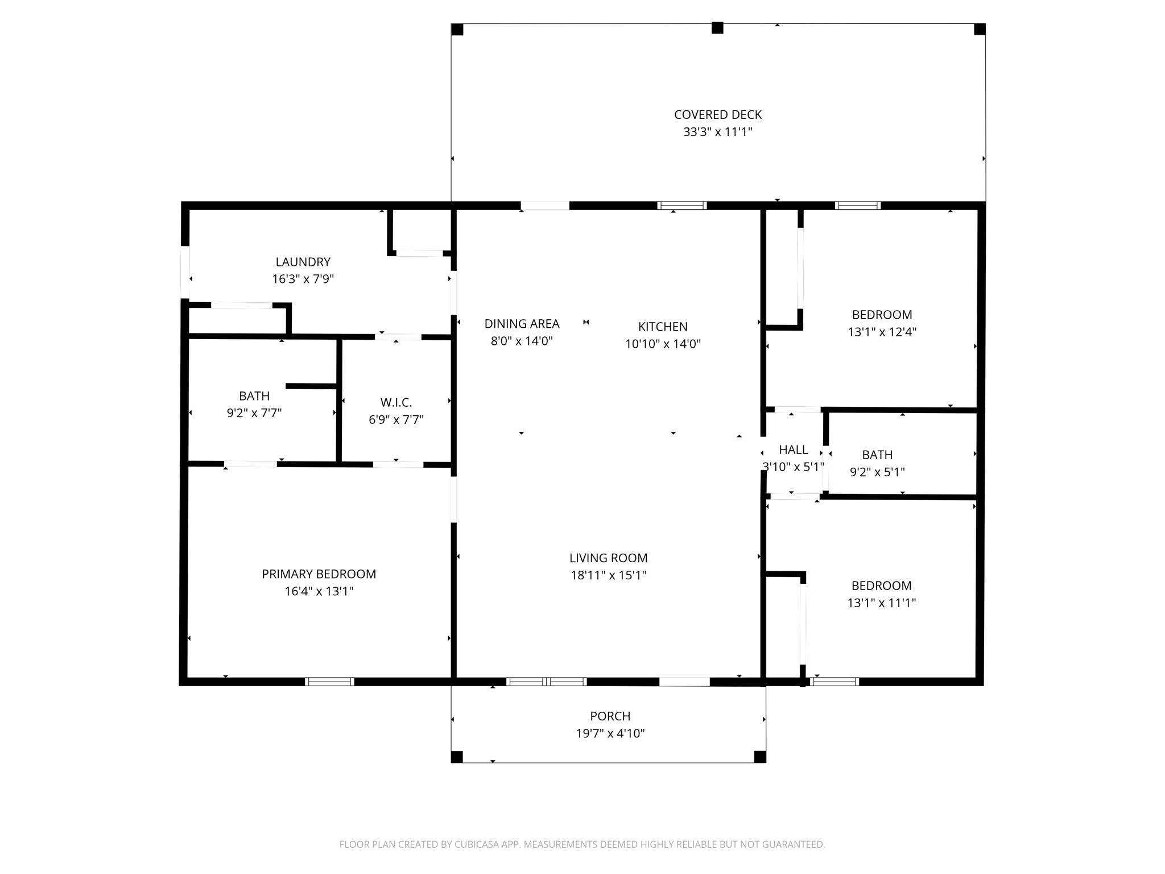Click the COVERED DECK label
[718, 115]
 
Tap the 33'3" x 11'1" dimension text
[718, 132]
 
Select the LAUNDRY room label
[303, 262]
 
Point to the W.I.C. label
[396, 403]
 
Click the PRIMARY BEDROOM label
[319, 574]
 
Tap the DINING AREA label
[522, 324]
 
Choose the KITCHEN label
[663, 327]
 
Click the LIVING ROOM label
[609, 558]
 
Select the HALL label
[794, 450]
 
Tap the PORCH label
[610, 716]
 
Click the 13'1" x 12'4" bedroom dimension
[882, 332]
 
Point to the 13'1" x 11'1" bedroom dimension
[882, 603]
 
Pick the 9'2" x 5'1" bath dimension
[877, 472]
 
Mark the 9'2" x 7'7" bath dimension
[254, 413]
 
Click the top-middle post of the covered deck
[717, 28]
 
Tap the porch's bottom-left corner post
[457, 757]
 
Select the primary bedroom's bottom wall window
[330, 682]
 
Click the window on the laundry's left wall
[185, 272]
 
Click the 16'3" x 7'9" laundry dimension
[303, 279]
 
